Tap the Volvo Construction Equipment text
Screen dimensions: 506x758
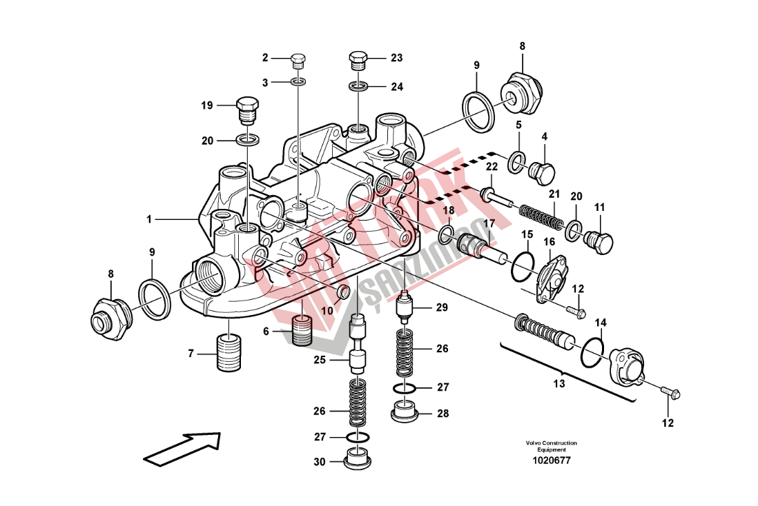pyautogui.click(x=551, y=446)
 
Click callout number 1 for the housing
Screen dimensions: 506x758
pyautogui.click(x=148, y=219)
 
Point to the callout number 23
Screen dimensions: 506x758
pyautogui.click(x=396, y=58)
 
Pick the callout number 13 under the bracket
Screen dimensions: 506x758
pyautogui.click(x=558, y=383)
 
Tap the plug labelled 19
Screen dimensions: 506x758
pyautogui.click(x=248, y=110)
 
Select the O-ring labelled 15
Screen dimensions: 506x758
pyautogui.click(x=523, y=266)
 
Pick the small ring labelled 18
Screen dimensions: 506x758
pyautogui.click(x=447, y=230)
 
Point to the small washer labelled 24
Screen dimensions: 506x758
pyautogui.click(x=358, y=87)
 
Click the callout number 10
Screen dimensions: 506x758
pyautogui.click(x=327, y=312)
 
